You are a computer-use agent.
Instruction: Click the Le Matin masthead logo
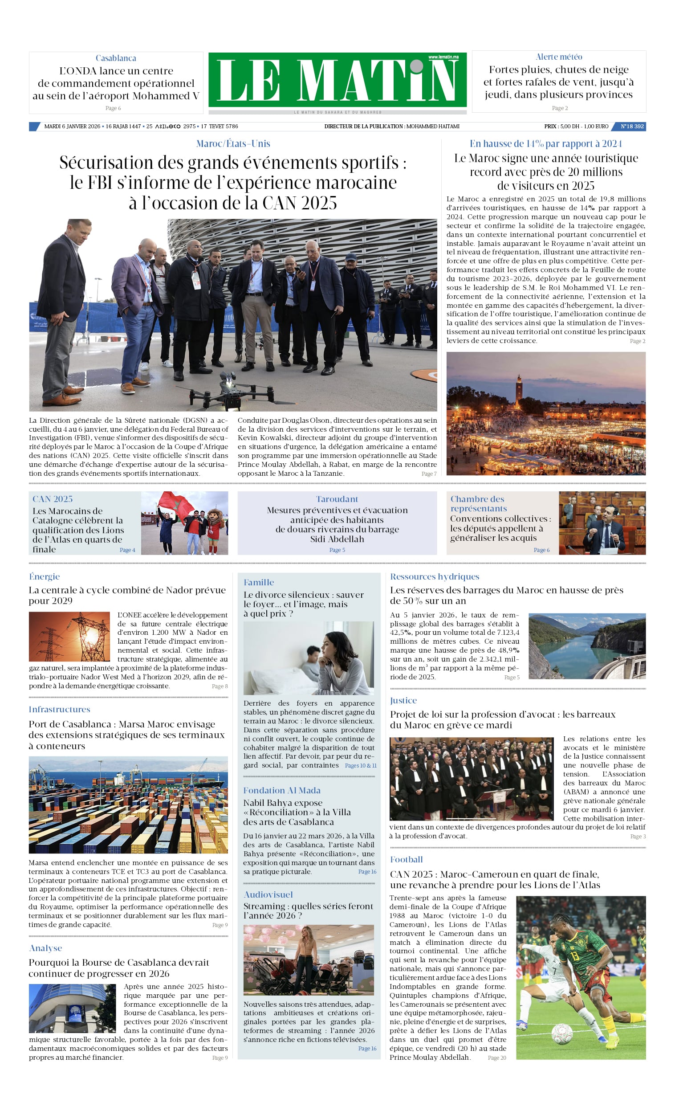click(x=337, y=80)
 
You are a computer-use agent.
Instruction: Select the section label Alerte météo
click(x=559, y=57)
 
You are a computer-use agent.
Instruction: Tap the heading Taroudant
click(x=337, y=498)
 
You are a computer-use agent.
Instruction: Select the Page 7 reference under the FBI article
click(x=428, y=474)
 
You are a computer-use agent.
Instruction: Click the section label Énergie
click(x=45, y=576)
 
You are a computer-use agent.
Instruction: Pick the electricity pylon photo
click(x=69, y=637)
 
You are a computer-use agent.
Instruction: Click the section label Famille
click(x=258, y=582)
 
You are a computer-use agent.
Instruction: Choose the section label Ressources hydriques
click(x=434, y=576)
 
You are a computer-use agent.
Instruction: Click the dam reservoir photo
click(x=587, y=646)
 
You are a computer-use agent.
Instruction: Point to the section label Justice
click(x=403, y=701)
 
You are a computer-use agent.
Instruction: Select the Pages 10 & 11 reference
click(x=360, y=766)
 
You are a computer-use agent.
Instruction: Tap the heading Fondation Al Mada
click(x=281, y=791)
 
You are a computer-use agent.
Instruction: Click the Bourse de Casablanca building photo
click(x=73, y=1009)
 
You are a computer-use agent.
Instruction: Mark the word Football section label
click(x=406, y=860)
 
